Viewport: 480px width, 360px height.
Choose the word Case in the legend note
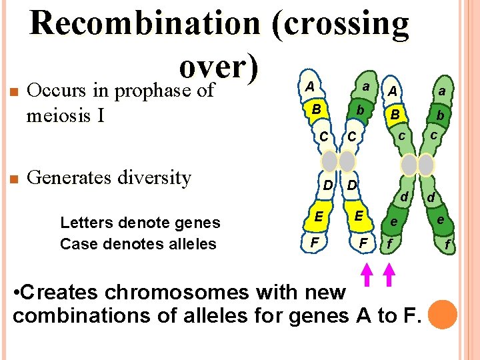coord(75,243)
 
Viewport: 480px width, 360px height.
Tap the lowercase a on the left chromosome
coord(365,87)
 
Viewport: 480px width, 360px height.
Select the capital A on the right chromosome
coord(393,91)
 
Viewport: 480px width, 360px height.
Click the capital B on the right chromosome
coord(395,115)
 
